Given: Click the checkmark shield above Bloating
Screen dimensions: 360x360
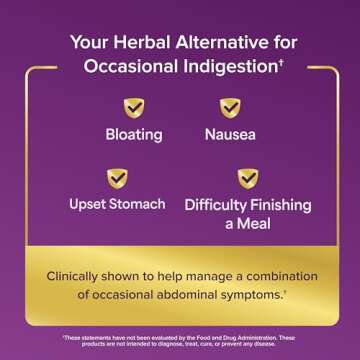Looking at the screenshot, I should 132,108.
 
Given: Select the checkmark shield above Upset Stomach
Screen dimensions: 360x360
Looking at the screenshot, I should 117,179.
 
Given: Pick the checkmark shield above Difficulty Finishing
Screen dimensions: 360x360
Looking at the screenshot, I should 248,179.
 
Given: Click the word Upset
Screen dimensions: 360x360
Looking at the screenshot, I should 90,205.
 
